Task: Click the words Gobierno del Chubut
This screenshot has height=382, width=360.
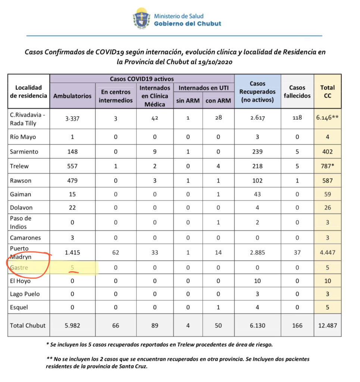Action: coord(188,24)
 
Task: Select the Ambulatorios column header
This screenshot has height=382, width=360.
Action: coord(72,95)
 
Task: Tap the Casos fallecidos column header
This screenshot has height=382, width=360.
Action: coord(297,91)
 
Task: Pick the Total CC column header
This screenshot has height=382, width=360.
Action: coord(328,91)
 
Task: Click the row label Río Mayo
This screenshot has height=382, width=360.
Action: coord(24,137)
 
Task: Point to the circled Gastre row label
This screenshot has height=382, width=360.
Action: coord(19,267)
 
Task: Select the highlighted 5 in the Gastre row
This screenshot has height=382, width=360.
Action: coord(72,267)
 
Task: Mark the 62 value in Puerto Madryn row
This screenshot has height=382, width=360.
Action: coord(116,253)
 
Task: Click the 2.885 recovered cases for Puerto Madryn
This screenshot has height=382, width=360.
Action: coord(257,253)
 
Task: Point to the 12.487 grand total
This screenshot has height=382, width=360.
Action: coord(328,325)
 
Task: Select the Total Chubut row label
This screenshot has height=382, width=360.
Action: coord(28,325)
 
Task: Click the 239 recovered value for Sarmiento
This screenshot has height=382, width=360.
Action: coord(257,152)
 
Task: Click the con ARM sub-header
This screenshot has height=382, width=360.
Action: coord(218,100)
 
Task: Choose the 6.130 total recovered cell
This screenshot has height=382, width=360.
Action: coord(257,325)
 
